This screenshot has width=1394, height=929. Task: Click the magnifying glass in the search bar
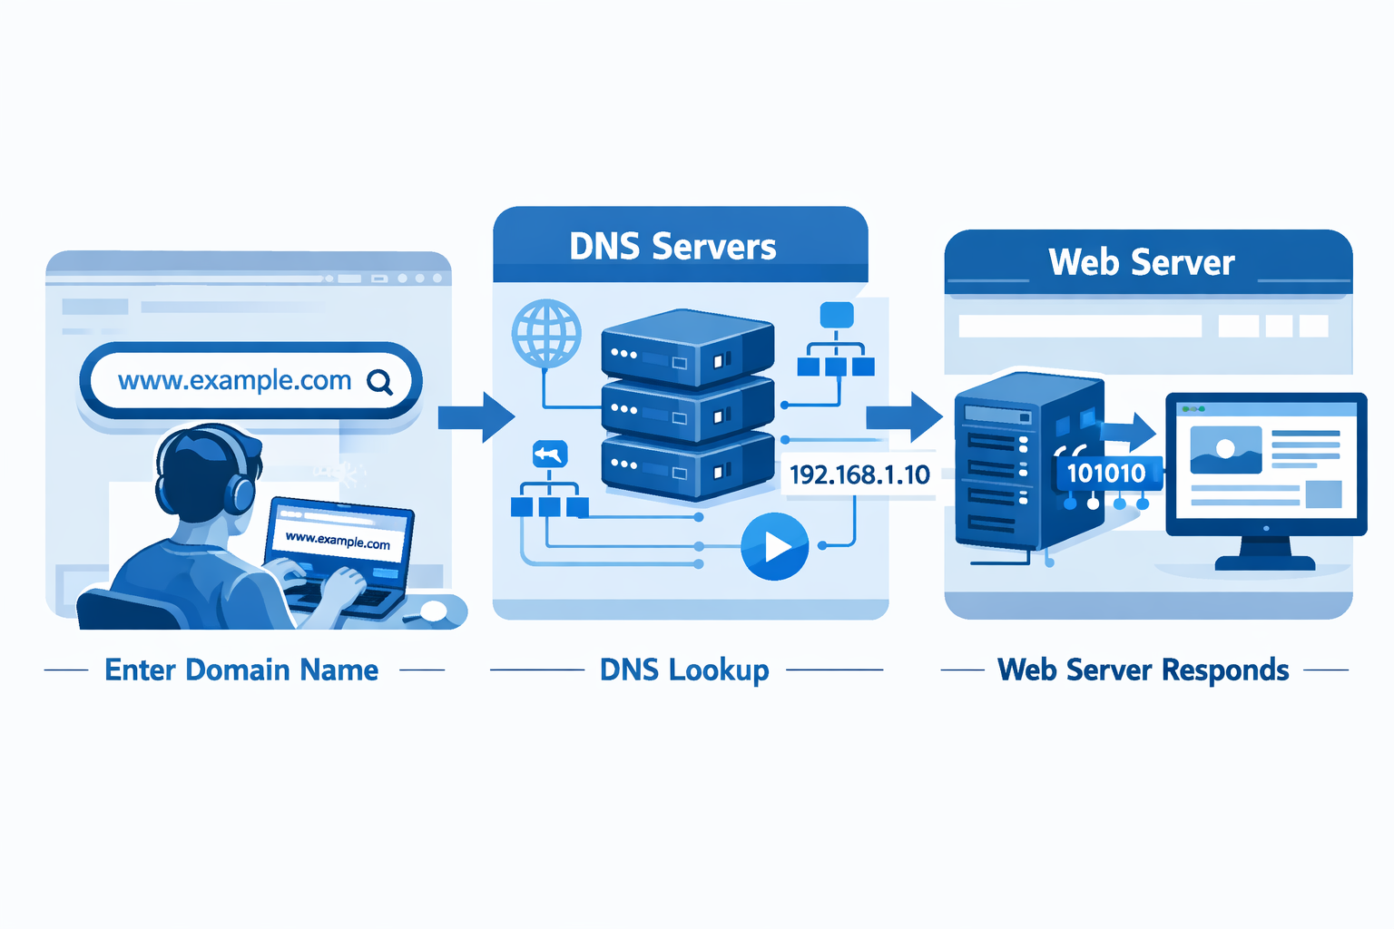click(380, 382)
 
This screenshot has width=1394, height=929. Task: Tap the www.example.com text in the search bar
click(234, 381)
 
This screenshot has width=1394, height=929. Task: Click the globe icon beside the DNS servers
click(546, 333)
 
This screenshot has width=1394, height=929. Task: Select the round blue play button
click(775, 546)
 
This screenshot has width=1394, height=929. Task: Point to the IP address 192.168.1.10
click(859, 474)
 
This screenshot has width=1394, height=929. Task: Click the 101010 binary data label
click(1106, 473)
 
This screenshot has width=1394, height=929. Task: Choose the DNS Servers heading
click(672, 247)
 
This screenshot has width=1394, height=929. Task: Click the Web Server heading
click(1142, 262)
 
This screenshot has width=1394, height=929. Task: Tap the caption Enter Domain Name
click(241, 670)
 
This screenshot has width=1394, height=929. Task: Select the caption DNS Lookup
click(684, 670)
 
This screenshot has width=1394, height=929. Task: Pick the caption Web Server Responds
click(1144, 670)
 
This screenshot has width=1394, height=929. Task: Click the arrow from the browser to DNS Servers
click(476, 417)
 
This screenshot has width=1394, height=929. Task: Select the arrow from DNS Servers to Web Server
click(904, 417)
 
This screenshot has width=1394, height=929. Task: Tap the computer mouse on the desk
click(433, 611)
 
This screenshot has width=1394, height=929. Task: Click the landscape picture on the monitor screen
click(1225, 450)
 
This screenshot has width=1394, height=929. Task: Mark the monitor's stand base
click(1264, 562)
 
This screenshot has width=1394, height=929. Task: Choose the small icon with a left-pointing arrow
click(549, 454)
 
